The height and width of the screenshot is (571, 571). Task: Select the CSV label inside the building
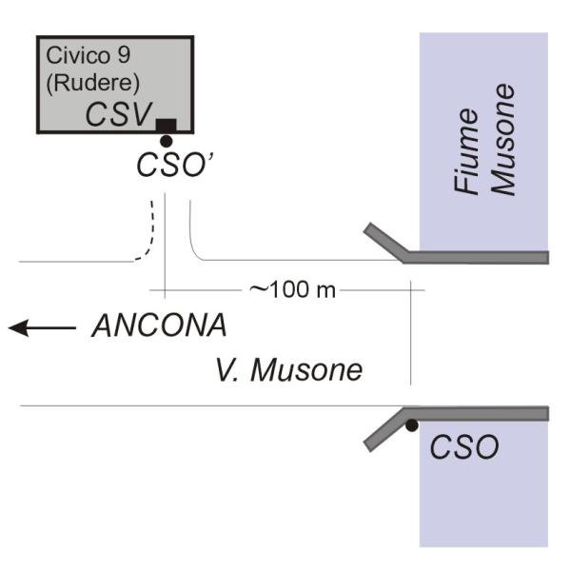tap(120, 114)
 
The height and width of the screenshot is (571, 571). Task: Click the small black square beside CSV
tap(167, 125)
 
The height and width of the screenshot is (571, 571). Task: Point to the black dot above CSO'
tap(166, 141)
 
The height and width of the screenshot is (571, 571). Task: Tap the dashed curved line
tap(148, 233)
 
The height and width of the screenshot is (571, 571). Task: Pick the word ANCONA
tap(160, 326)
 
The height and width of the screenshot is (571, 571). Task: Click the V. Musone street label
tap(287, 369)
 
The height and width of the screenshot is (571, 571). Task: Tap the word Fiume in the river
tap(465, 152)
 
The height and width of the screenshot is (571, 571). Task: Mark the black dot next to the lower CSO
tap(411, 425)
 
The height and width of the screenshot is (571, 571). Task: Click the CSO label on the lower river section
tap(464, 446)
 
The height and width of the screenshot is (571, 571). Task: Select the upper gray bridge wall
tap(476, 257)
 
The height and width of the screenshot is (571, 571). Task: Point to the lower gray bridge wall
tap(476, 412)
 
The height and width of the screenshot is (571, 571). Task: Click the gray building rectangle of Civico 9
tap(67, 109)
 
